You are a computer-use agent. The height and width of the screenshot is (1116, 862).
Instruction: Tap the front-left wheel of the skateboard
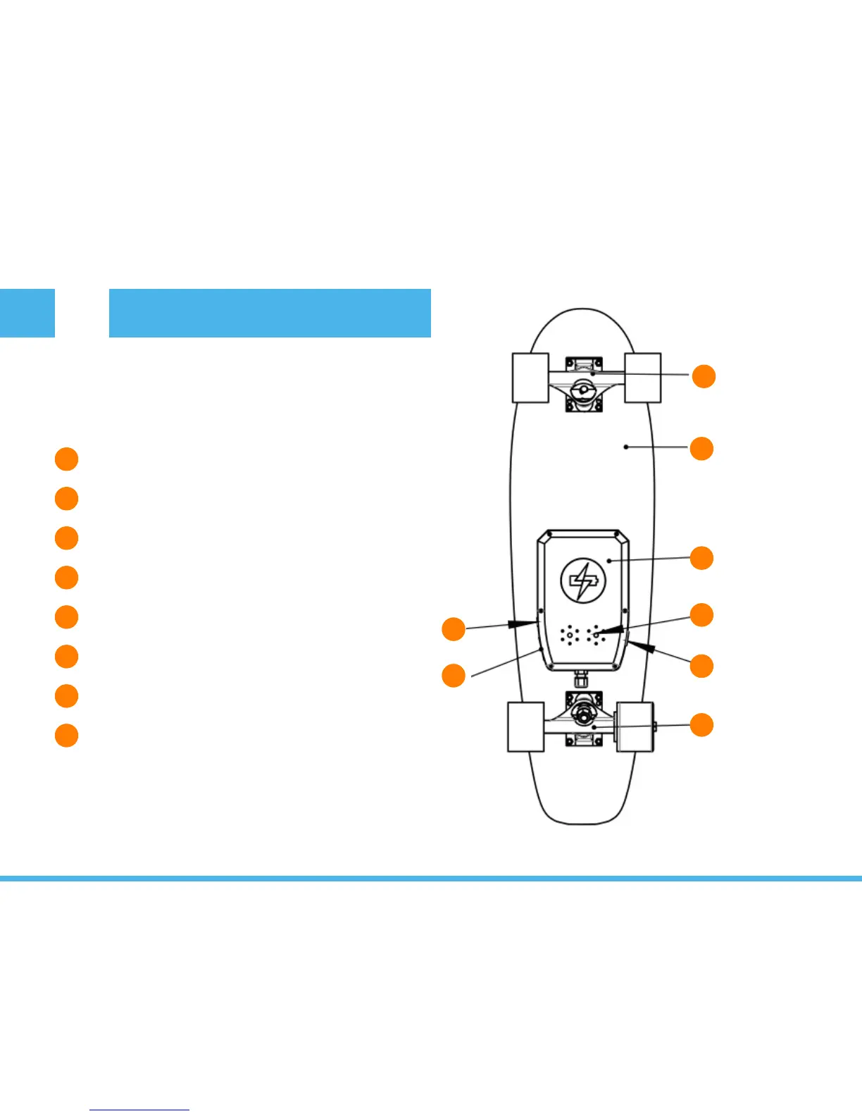pyautogui.click(x=530, y=378)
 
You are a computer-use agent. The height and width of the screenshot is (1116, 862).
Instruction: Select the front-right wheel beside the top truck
pyautogui.click(x=642, y=378)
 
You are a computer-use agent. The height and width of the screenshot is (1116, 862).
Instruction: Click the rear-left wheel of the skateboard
pyautogui.click(x=526, y=726)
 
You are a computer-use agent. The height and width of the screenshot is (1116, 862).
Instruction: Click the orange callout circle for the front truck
pyautogui.click(x=704, y=376)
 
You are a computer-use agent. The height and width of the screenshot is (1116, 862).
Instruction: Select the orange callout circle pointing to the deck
pyautogui.click(x=701, y=448)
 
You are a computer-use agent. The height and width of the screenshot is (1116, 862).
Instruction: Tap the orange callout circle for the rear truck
pyautogui.click(x=701, y=725)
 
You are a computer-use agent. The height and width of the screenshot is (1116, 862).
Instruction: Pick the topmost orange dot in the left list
pyautogui.click(x=67, y=459)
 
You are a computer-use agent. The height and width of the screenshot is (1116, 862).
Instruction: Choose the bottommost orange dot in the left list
pyautogui.click(x=67, y=735)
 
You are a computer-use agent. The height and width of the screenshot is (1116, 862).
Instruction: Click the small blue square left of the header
pyautogui.click(x=27, y=313)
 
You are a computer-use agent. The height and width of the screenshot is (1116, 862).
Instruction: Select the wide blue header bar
pyautogui.click(x=270, y=313)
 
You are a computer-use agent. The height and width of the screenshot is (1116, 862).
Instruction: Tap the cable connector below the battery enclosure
pyautogui.click(x=581, y=679)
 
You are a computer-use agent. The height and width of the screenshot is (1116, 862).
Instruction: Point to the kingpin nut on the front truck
pyautogui.click(x=582, y=389)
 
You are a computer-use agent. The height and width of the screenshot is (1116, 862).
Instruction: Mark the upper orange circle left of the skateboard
pyautogui.click(x=454, y=628)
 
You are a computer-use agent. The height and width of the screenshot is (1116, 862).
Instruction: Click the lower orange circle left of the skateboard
pyautogui.click(x=454, y=676)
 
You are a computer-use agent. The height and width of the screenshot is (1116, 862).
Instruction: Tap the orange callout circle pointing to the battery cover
pyautogui.click(x=701, y=557)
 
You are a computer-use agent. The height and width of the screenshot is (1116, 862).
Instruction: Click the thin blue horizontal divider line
pyautogui.click(x=431, y=879)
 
